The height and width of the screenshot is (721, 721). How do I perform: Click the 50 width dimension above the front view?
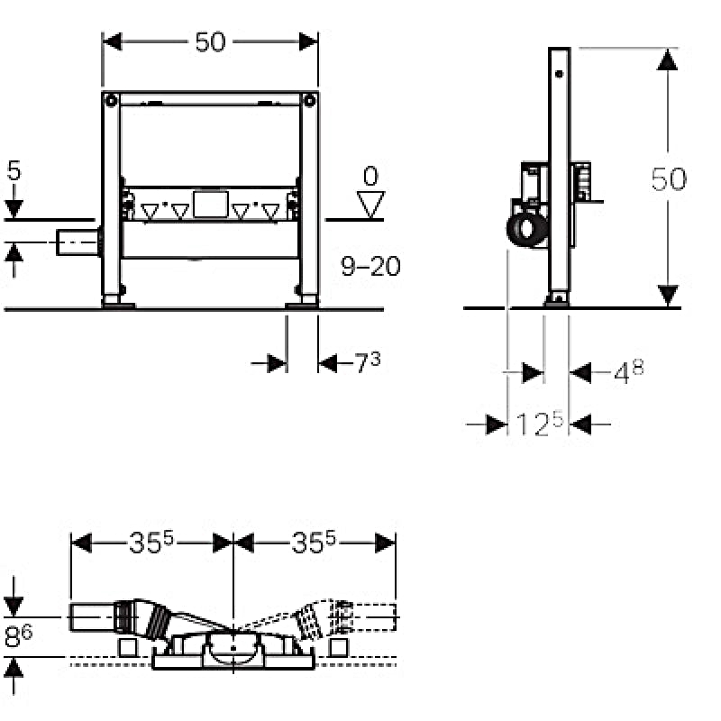(x=210, y=41)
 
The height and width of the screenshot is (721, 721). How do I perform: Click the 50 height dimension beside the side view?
(x=669, y=178)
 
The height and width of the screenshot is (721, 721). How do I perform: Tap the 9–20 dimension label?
(x=370, y=266)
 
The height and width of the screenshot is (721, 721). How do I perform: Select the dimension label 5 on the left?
(x=14, y=170)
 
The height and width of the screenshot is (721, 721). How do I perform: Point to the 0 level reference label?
(x=370, y=176)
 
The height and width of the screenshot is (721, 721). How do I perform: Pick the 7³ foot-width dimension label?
(x=368, y=362)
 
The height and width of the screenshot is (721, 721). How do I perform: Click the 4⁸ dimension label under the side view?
(x=628, y=371)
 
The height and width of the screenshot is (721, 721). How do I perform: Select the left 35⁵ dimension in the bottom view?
(x=151, y=543)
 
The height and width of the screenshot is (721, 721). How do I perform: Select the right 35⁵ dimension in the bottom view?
(x=314, y=543)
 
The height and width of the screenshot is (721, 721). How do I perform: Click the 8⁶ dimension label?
(x=18, y=636)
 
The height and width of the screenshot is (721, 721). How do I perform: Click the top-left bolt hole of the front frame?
(x=111, y=100)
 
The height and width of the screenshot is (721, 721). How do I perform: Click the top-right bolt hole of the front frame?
(x=309, y=100)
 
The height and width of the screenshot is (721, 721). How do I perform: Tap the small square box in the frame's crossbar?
(x=211, y=205)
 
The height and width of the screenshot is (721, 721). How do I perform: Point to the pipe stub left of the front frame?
(x=78, y=242)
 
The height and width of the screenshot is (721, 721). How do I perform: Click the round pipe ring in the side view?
(x=527, y=230)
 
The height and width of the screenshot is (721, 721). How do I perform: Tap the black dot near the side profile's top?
(x=559, y=74)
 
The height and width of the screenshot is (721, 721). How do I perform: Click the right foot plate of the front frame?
(x=301, y=305)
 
